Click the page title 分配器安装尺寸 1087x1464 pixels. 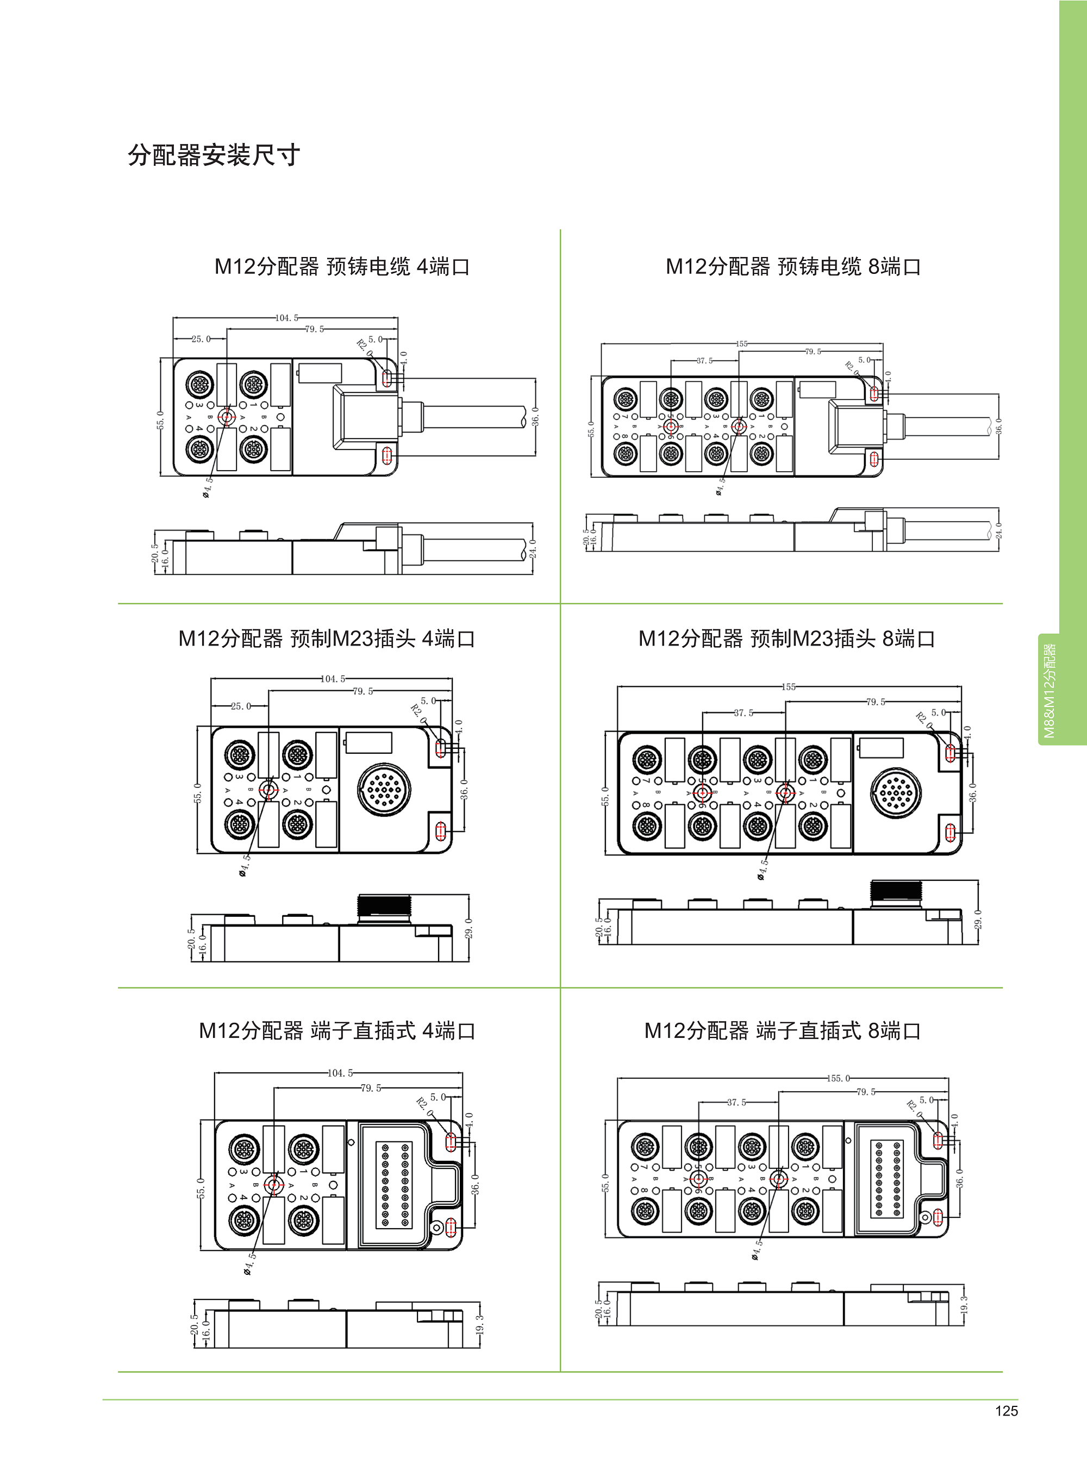[214, 155]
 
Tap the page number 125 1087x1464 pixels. [1006, 1411]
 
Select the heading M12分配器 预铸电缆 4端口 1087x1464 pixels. [341, 266]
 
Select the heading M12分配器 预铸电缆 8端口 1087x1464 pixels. [793, 266]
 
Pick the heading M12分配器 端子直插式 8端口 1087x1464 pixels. [782, 1030]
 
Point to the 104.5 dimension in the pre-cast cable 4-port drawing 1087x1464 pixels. [286, 318]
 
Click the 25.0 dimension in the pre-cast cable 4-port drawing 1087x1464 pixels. [201, 339]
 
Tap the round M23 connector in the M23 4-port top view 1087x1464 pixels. [384, 789]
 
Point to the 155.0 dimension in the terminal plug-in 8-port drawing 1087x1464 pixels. [838, 1078]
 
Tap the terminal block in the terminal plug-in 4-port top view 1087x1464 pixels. [393, 1184]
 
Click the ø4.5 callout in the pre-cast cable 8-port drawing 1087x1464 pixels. [720, 486]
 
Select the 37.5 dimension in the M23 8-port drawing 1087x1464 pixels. [744, 712]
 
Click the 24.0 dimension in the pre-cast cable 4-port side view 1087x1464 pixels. [532, 548]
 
